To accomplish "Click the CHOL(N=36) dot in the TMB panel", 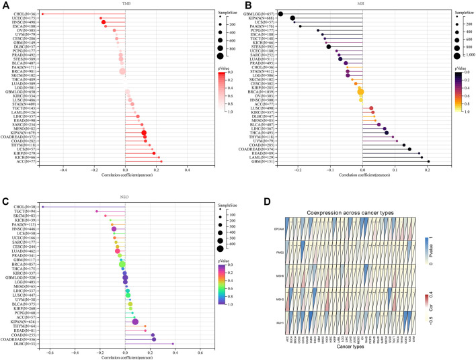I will (x=42, y=13).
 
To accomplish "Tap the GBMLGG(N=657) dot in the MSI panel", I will (x=280, y=14).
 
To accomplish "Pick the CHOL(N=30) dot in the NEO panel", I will (x=42, y=206).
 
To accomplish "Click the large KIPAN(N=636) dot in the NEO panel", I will (x=136, y=321).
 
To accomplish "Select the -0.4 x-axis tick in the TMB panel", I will (x=64, y=171).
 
